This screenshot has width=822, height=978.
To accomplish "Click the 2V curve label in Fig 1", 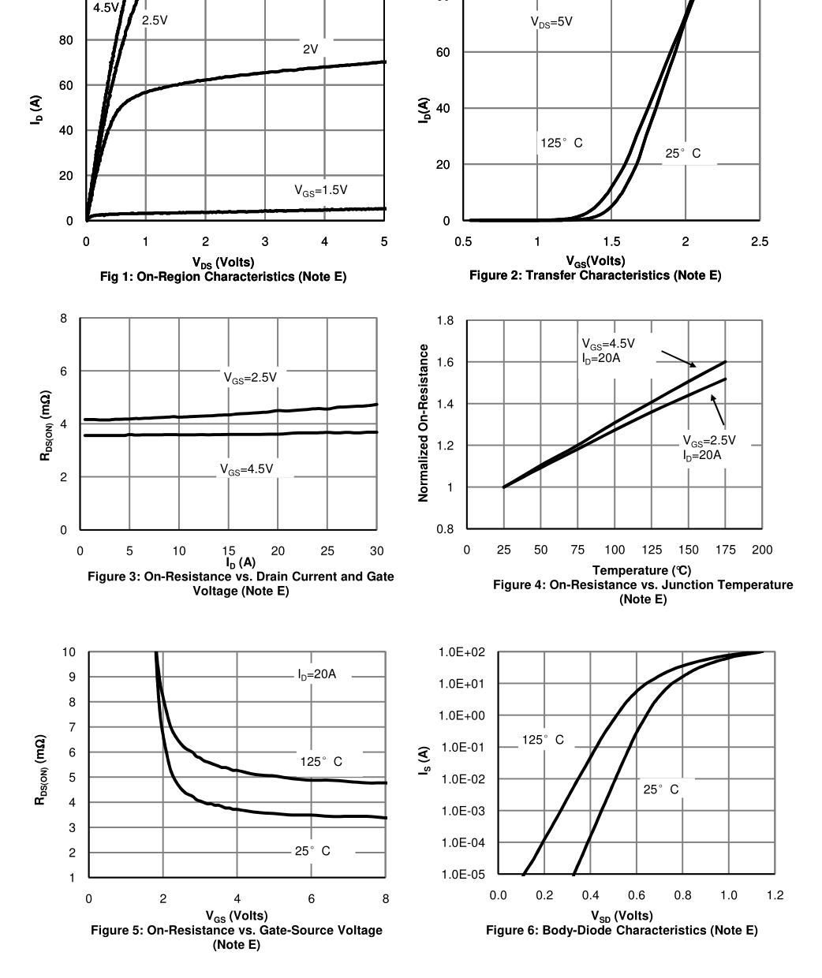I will [311, 49].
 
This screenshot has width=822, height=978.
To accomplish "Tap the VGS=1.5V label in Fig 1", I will [320, 190].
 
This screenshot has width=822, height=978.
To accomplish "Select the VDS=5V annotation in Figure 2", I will [551, 23].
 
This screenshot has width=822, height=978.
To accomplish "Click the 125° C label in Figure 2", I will [561, 144].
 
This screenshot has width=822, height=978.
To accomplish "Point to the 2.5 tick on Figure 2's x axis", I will [759, 241].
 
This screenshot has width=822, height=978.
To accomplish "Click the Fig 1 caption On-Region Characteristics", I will [222, 277].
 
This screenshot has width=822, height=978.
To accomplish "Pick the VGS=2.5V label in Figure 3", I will [250, 378].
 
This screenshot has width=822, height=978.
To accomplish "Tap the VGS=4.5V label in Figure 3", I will [246, 469].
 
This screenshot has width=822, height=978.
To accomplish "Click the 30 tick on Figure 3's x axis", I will [377, 551].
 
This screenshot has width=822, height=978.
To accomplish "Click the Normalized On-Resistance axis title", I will [424, 423].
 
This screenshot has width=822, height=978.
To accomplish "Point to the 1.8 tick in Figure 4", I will [445, 321].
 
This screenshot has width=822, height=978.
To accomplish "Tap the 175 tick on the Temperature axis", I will [725, 550].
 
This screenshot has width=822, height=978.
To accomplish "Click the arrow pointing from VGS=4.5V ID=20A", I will [678, 359].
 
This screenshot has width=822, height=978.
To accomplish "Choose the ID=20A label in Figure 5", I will [316, 674].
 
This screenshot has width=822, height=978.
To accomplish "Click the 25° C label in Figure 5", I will [312, 851].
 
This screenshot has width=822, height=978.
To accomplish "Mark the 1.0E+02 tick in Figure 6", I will [462, 652].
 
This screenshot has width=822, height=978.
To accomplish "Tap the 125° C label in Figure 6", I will [543, 740].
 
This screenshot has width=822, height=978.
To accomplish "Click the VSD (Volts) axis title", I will [622, 916].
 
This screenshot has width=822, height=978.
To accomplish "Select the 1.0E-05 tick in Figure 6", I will [462, 874].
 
